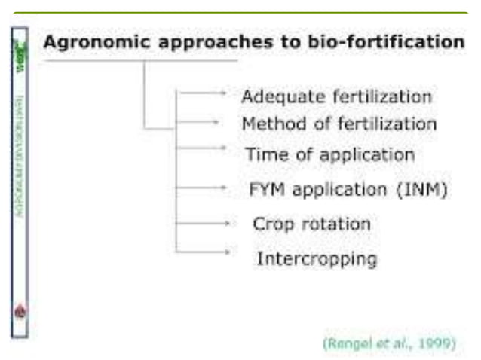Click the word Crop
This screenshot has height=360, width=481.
tap(272, 224)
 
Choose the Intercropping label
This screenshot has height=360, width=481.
tap(317, 259)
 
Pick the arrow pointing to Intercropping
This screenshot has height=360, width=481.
tap(202, 251)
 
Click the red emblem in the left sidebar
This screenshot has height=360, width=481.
tap(20, 310)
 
